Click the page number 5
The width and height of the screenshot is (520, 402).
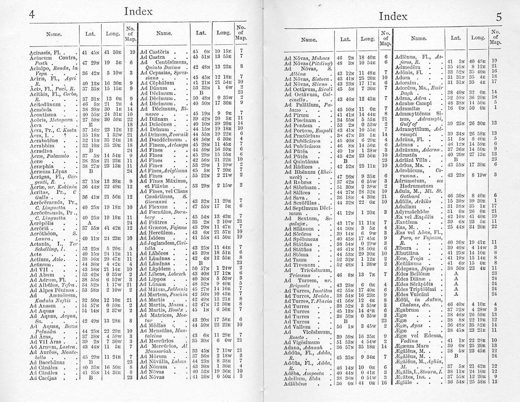(x=498, y=17)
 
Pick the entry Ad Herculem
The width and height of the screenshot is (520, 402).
(x=156, y=232)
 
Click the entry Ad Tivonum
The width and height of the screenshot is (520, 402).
(x=299, y=265)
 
